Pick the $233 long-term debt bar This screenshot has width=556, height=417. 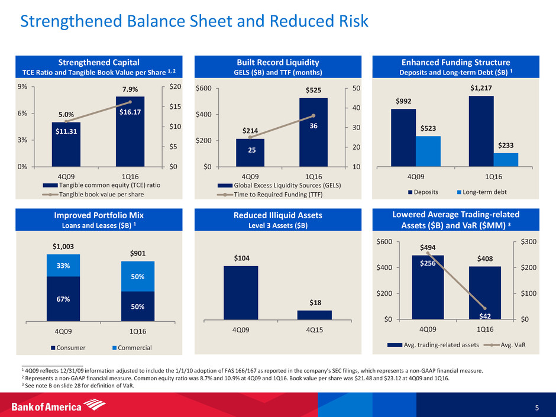coord(506,160)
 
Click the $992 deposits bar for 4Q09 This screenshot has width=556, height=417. coord(403,137)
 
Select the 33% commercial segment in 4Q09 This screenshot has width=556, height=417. coord(63,266)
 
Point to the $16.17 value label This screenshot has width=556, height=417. coord(130,111)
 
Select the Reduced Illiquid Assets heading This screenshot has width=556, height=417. coord(277,220)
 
